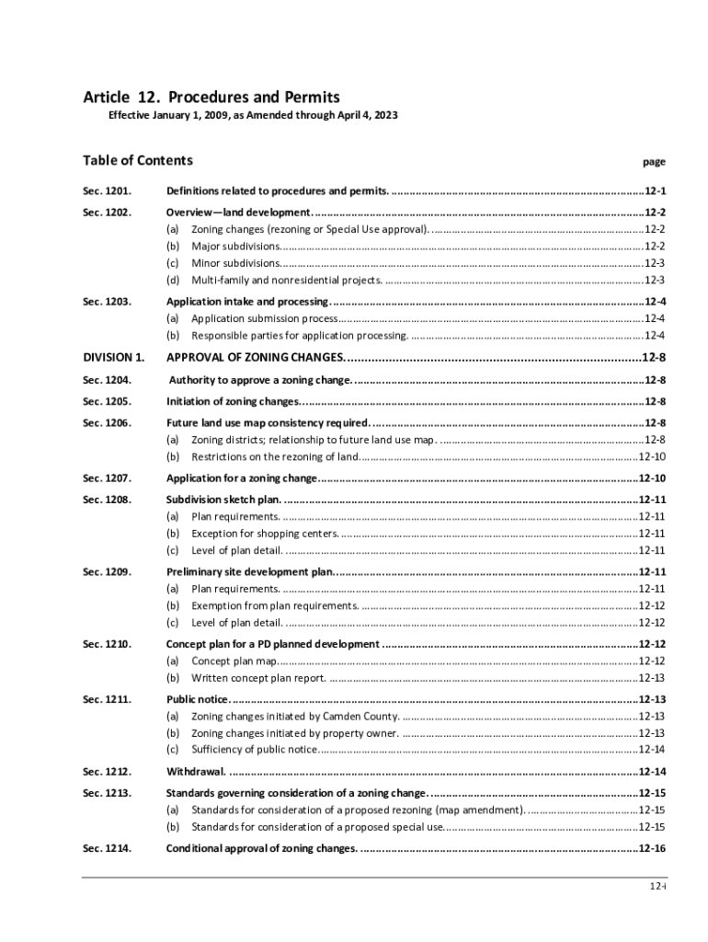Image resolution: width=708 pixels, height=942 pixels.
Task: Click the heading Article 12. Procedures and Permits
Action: [211, 98]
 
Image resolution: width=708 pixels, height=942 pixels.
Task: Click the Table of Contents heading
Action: [138, 161]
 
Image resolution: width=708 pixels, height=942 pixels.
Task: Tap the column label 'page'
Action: [654, 162]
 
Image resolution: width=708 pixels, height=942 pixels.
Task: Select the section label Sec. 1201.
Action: [107, 191]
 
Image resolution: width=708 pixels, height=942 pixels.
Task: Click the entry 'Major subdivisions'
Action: [236, 246]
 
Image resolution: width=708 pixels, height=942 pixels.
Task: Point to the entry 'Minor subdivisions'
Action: [236, 263]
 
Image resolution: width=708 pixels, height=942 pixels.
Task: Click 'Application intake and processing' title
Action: [247, 302]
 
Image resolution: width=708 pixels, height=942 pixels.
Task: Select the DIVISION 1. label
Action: [113, 357]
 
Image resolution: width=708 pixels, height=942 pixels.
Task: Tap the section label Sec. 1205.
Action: [107, 401]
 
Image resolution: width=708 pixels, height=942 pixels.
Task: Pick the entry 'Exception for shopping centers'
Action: [265, 534]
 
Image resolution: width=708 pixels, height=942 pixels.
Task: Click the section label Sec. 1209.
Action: [107, 572]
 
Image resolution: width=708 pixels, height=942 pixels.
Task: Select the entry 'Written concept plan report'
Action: [258, 678]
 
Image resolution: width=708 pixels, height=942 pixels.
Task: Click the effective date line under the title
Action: [253, 117]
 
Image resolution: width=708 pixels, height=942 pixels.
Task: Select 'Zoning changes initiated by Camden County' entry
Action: [295, 716]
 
